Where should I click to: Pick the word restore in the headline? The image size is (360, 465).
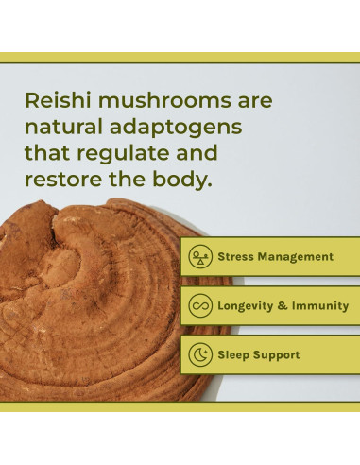[64, 179]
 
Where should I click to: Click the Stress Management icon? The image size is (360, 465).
[198, 256]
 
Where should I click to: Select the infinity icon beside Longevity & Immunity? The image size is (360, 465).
[198, 305]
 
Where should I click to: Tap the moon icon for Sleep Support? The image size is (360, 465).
[198, 354]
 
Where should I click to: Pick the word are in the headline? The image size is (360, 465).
[250, 100]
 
